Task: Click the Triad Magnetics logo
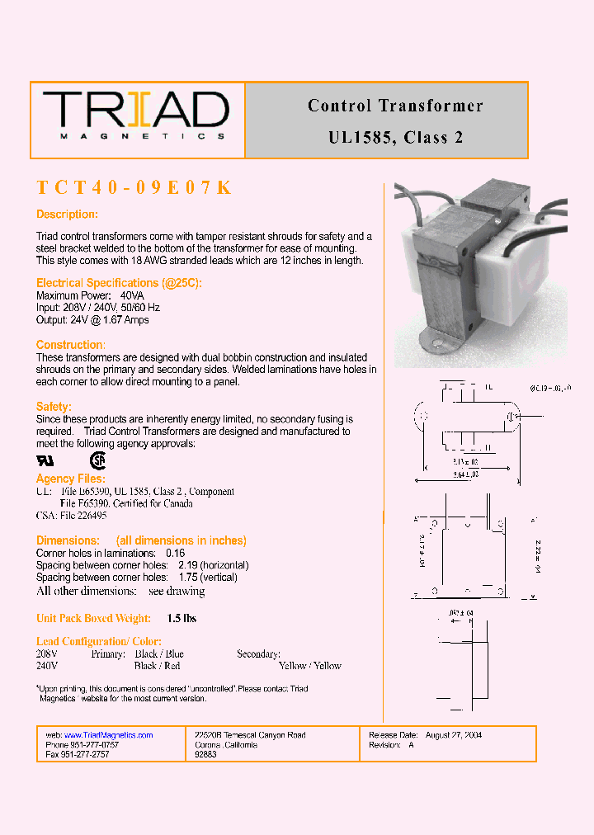coord(136,116)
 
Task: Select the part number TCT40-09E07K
coord(134,188)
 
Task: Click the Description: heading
coord(67,215)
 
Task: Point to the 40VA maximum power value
coord(132,295)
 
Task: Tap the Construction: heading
coord(71,345)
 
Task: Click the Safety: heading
coord(54,407)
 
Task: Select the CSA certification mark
coord(98,460)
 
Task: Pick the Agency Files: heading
coord(71,479)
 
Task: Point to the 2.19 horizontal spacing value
coord(188,565)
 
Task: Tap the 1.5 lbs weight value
coord(181,618)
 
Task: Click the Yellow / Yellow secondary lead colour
coord(309,666)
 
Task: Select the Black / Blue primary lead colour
coord(159,653)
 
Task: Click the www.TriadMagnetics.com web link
coord(108,735)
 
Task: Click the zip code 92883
coord(205,755)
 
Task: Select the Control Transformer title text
coord(395,106)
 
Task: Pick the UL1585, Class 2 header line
coord(395,138)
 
